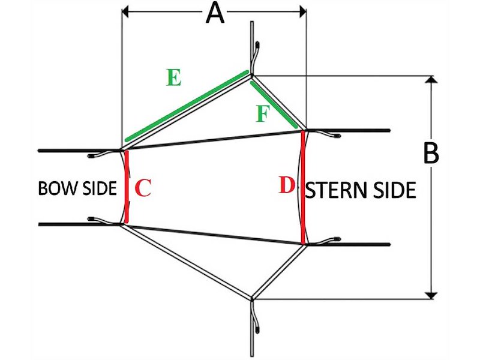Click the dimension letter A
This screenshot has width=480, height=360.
point(214,13)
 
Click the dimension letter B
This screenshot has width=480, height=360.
point(431,154)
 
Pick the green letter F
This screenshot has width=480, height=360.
point(262,113)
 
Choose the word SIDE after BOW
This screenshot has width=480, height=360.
point(100,188)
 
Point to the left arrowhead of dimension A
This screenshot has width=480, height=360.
point(126,11)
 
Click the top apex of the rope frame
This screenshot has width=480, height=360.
point(252,75)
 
